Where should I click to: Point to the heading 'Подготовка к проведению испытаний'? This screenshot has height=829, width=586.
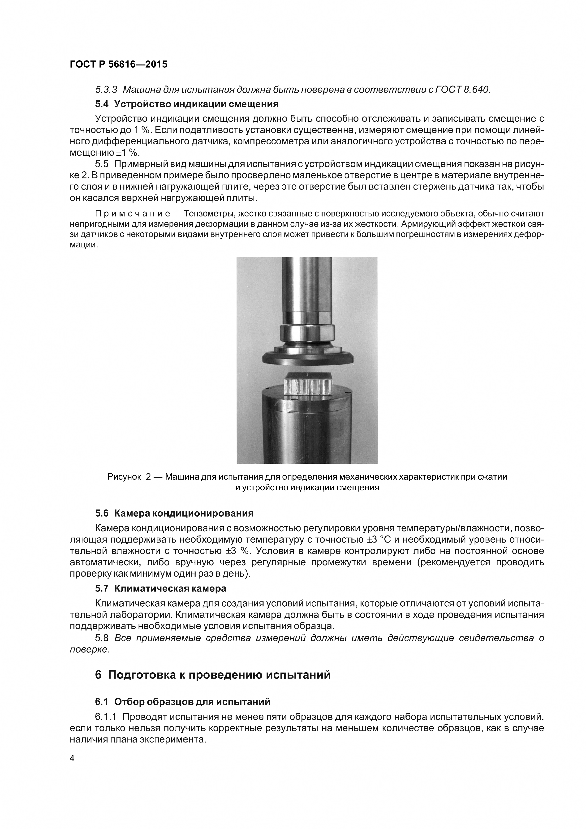coord(219,674)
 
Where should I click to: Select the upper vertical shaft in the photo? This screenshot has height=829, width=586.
coord(307,285)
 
